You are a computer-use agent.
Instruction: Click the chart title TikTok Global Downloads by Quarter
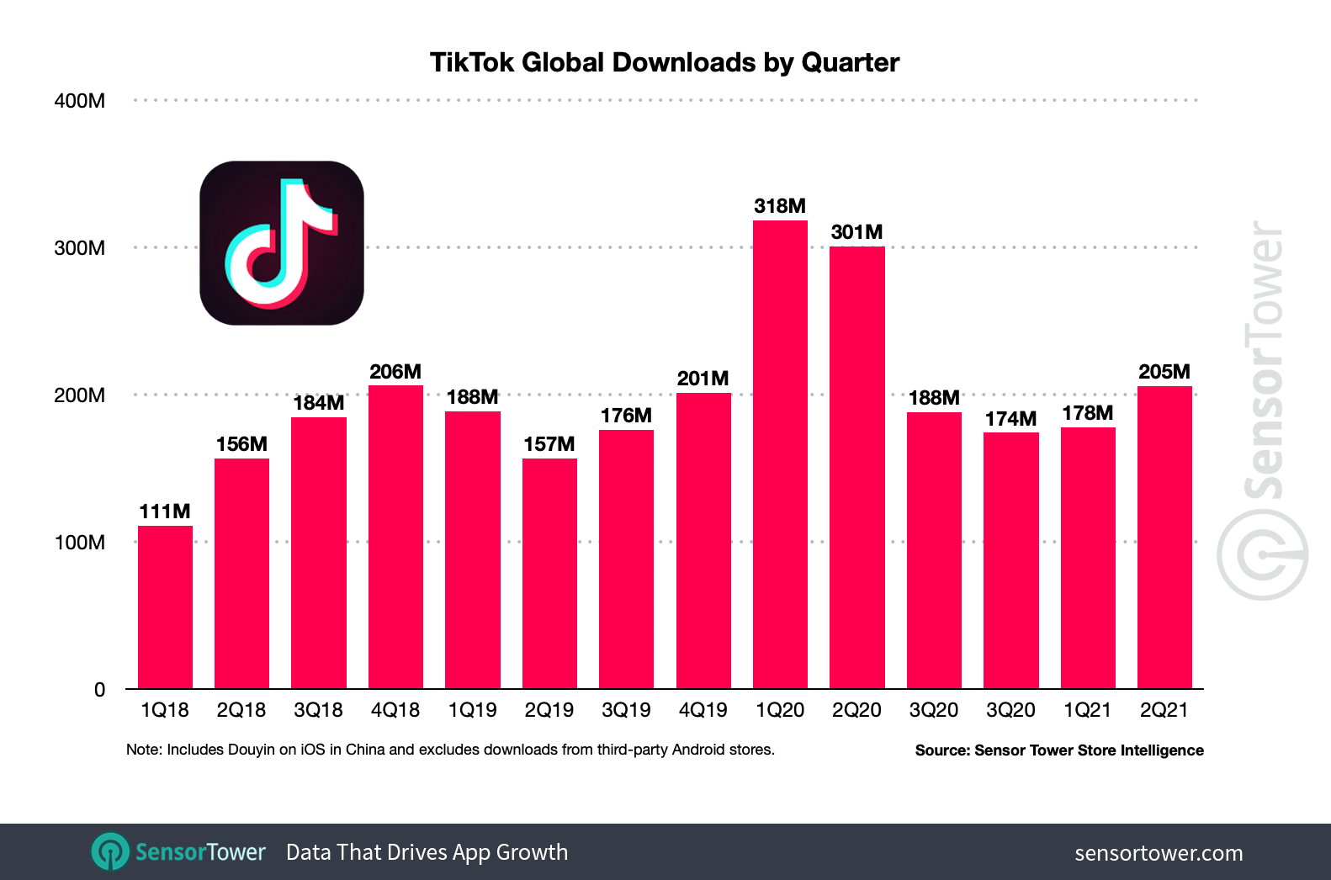664,62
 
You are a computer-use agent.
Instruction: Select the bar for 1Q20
780,454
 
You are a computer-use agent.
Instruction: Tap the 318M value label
780,206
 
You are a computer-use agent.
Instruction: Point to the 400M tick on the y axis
80,101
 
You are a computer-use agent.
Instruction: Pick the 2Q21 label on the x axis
1164,710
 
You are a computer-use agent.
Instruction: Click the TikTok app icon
282,243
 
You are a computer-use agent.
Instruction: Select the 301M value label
856,232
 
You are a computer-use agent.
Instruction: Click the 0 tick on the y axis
99,690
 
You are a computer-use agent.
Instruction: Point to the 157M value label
549,444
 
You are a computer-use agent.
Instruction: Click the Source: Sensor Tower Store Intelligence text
1058,750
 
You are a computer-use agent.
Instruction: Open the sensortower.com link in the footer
1158,853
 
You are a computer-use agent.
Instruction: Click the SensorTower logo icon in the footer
110,851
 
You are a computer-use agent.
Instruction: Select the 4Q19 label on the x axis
703,710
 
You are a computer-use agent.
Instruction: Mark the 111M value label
165,512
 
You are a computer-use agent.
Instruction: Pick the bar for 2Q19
549,574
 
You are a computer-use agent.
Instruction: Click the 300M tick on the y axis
80,248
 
